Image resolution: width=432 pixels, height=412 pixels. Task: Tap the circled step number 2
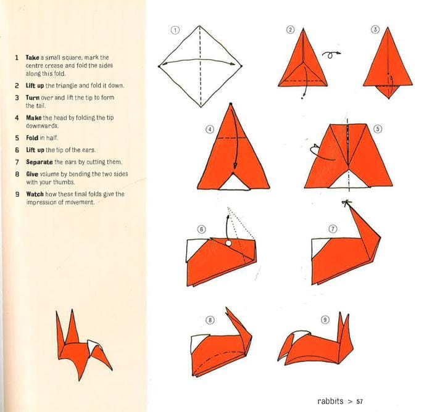(x=290, y=30)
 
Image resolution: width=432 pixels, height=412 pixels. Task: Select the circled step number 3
(x=375, y=30)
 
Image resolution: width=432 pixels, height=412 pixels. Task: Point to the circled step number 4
(x=210, y=129)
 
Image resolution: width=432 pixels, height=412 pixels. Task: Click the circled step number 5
(x=378, y=129)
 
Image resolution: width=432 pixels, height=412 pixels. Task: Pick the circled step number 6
(x=201, y=229)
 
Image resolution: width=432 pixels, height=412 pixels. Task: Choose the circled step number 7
(x=333, y=228)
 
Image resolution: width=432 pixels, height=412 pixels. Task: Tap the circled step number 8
(x=210, y=319)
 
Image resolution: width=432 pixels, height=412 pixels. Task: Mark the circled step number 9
(x=325, y=319)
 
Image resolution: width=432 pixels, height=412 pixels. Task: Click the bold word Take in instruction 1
(x=33, y=57)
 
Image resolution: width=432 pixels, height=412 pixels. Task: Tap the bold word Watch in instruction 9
(x=35, y=194)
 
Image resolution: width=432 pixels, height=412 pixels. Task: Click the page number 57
(x=359, y=401)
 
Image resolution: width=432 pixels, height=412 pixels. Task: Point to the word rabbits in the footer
(x=330, y=401)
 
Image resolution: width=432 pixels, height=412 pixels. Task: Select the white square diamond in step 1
(x=200, y=65)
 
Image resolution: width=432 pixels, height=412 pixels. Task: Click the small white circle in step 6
(x=229, y=244)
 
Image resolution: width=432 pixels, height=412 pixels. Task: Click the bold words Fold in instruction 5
(x=32, y=138)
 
